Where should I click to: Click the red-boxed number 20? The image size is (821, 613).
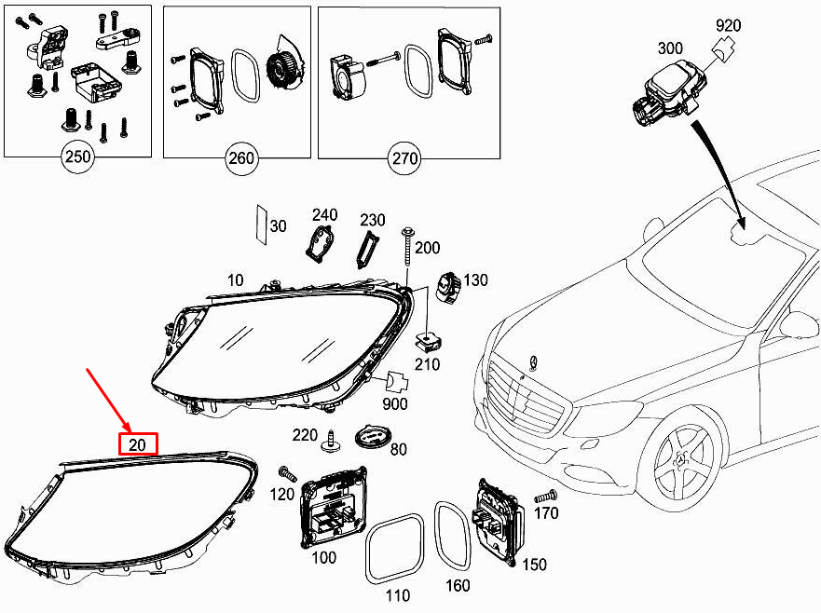(x=137, y=444)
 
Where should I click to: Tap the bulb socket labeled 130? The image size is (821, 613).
(x=448, y=286)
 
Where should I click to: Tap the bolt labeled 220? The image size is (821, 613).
(x=331, y=441)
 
